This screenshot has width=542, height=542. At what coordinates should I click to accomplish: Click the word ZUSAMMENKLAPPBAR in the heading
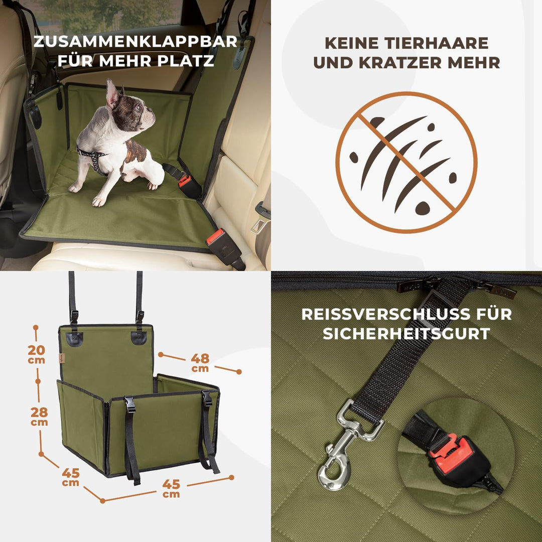tap(135, 42)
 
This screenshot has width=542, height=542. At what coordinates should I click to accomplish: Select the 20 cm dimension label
tap(36, 353)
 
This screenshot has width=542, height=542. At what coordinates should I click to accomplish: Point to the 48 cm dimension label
tap(200, 362)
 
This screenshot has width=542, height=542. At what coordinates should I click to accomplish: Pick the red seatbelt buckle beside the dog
tap(185, 181)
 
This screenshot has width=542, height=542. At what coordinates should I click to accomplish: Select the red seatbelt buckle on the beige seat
tap(216, 237)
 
